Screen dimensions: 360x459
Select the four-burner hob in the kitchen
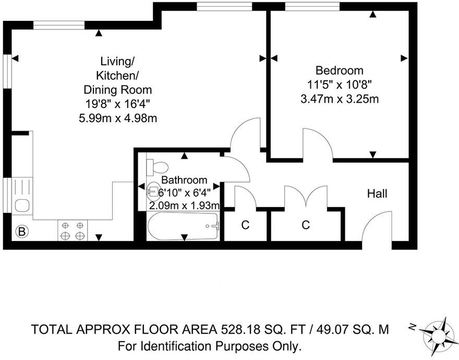(x=73, y=231)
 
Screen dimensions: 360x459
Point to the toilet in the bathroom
(x=158, y=167)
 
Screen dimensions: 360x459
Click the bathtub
(x=183, y=226)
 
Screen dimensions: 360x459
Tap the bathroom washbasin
(x=153, y=191)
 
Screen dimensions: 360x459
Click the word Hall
(x=377, y=194)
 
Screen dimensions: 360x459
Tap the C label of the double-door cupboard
(x=306, y=225)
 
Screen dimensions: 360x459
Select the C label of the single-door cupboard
(x=245, y=225)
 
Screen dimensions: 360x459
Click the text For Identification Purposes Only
(x=210, y=345)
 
